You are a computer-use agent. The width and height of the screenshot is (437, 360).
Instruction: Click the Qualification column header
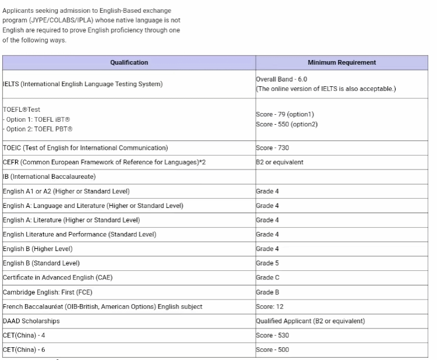tap(129, 62)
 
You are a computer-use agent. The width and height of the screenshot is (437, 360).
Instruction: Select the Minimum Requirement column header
tap(341, 62)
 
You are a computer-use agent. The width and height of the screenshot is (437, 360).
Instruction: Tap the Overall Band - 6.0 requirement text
tap(282, 79)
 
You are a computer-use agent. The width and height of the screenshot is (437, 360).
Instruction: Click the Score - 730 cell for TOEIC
tap(272, 148)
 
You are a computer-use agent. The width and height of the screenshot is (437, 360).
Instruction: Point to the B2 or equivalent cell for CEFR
tap(280, 163)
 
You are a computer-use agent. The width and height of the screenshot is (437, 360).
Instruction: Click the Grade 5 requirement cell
tap(267, 263)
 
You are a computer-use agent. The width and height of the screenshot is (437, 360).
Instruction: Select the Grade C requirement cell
tap(267, 277)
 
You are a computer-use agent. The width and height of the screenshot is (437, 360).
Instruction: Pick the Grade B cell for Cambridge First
tap(267, 292)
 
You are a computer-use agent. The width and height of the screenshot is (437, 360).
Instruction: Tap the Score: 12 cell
tap(270, 306)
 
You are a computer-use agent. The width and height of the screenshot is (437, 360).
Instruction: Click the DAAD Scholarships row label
tap(31, 321)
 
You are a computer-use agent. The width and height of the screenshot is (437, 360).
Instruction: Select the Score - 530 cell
tap(272, 335)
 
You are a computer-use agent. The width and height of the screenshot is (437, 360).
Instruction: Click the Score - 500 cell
tap(272, 350)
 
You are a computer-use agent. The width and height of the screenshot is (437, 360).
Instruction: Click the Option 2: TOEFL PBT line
tap(39, 129)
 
